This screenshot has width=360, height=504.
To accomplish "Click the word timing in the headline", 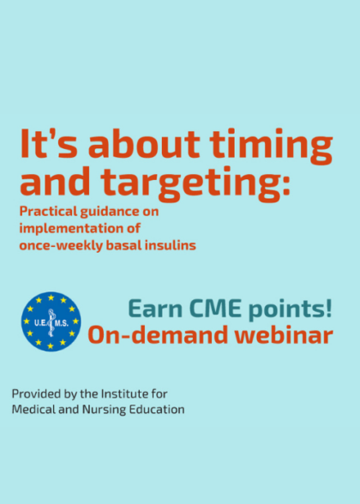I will pyautogui.click(x=275, y=147).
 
